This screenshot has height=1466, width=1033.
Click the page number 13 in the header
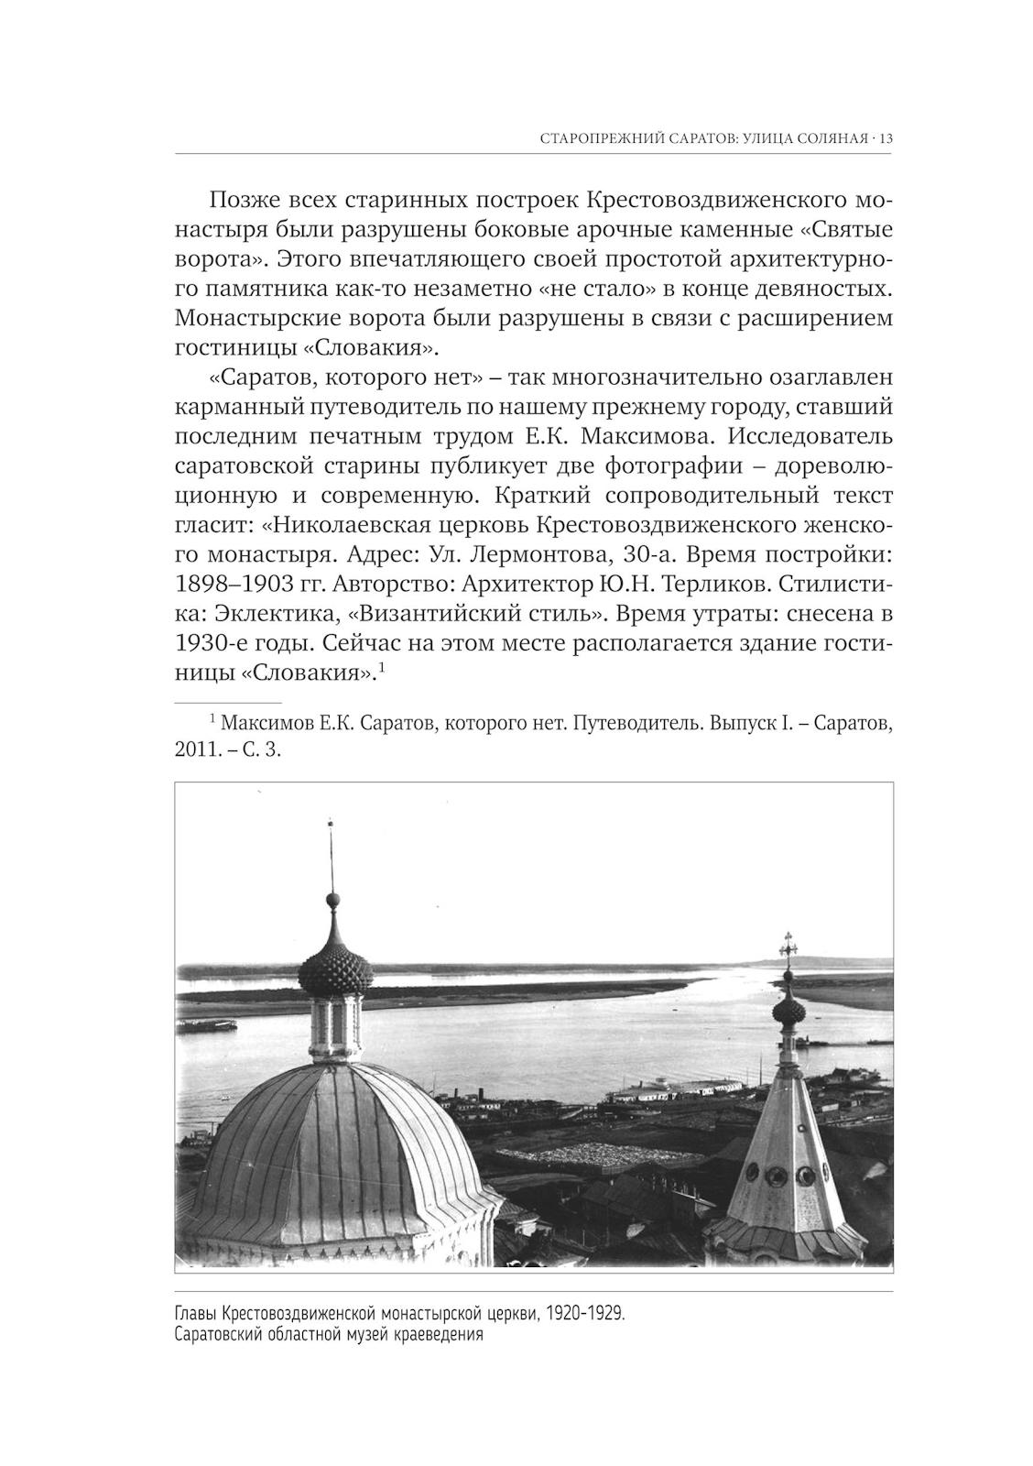pyautogui.click(x=886, y=139)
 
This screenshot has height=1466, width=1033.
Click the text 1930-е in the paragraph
pyautogui.click(x=211, y=643)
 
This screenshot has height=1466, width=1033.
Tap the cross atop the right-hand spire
pyautogui.click(x=786, y=946)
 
